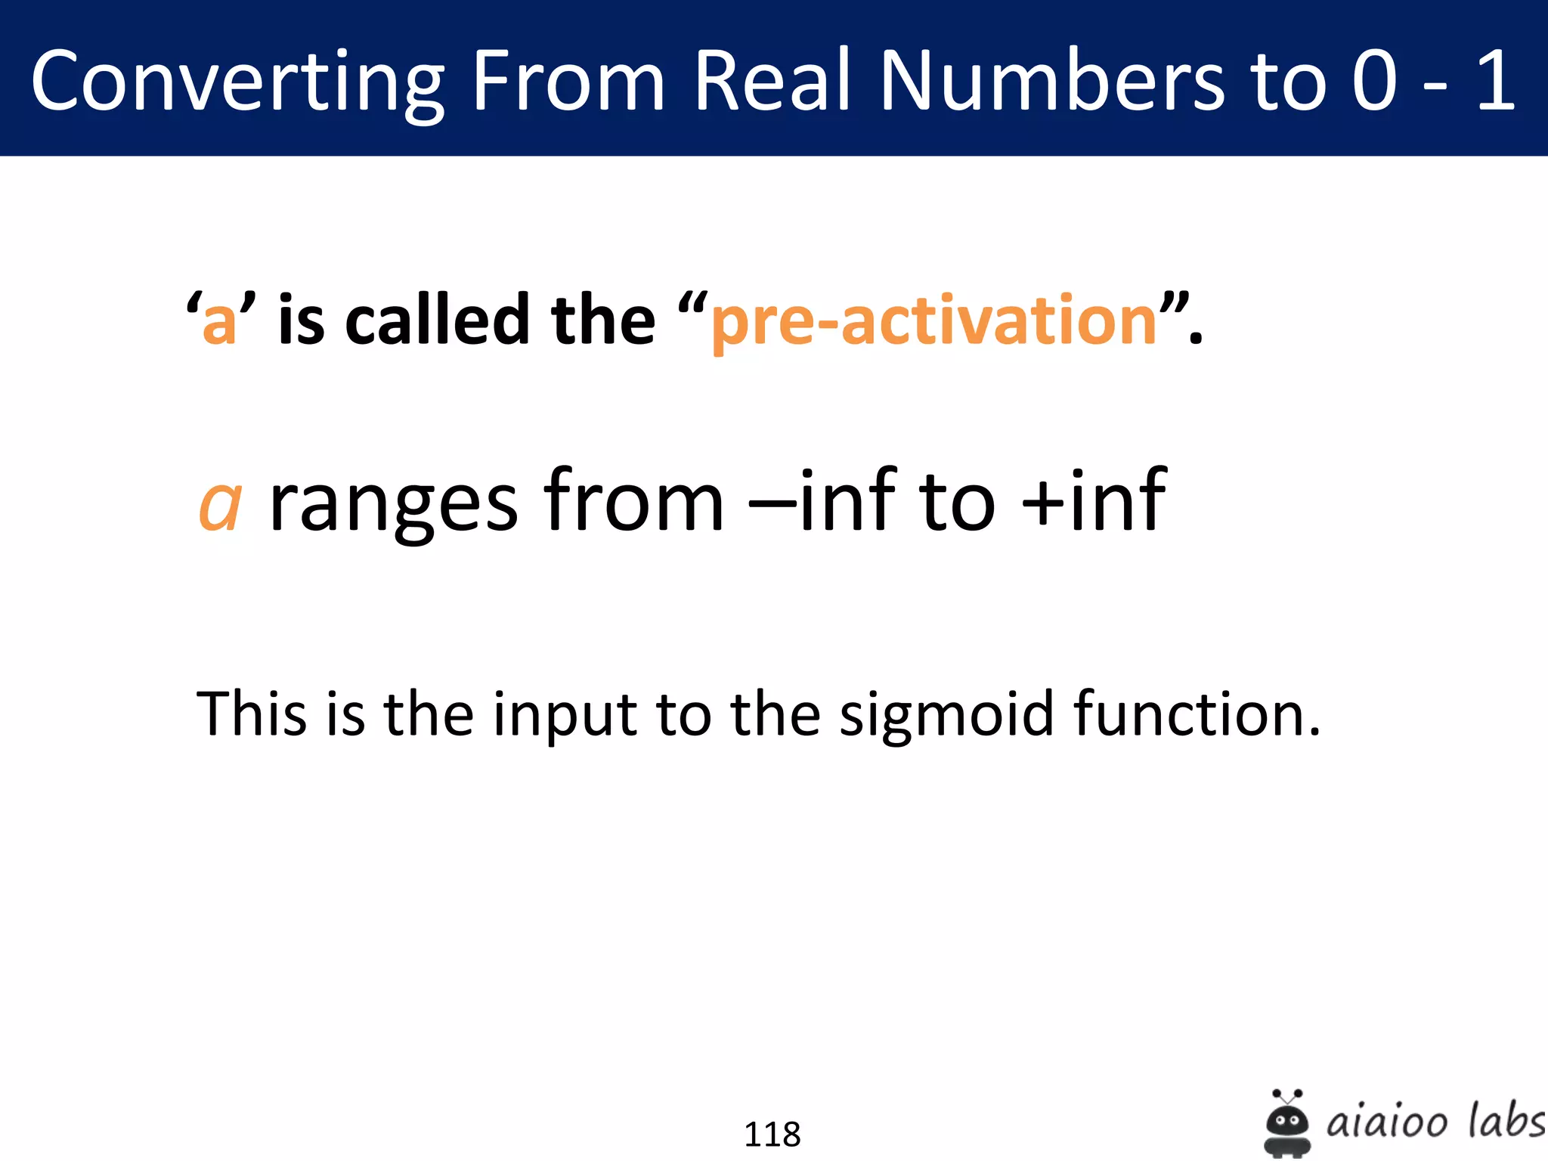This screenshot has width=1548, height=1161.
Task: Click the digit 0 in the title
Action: point(1374,80)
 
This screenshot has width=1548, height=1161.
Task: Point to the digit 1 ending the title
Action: point(1495,80)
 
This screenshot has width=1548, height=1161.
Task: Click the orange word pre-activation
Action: point(934,320)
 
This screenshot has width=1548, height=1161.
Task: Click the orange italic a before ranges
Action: point(220,505)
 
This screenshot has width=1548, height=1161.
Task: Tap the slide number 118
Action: point(772,1135)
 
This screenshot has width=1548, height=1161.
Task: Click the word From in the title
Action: point(568,80)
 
